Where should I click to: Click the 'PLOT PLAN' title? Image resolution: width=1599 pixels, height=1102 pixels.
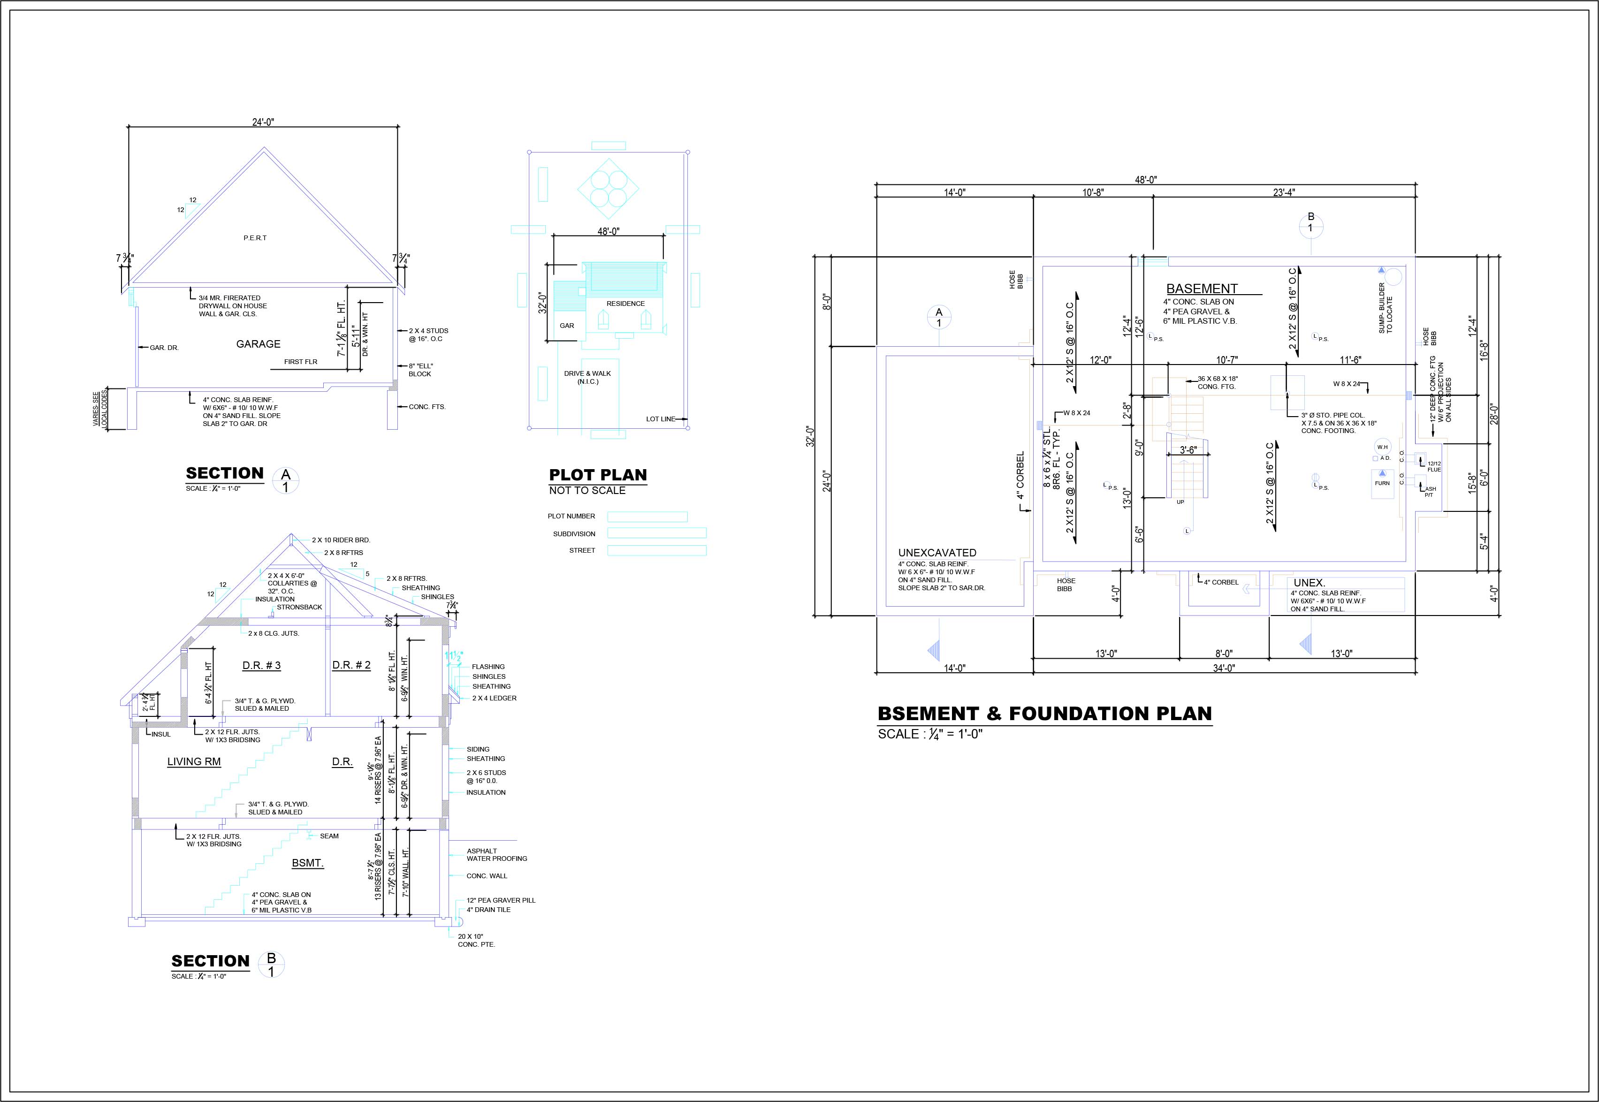point(598,475)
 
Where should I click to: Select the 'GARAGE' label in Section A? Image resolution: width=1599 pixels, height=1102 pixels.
point(258,344)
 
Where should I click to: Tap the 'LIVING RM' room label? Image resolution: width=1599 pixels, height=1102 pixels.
point(194,761)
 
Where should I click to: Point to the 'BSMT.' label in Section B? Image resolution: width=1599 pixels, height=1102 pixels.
point(307,863)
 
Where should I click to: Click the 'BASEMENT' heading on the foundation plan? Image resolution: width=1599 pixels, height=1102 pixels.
point(1202,289)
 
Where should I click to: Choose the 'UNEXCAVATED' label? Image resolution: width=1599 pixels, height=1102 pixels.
point(937,552)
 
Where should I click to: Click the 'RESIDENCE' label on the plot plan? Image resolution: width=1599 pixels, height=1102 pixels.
point(625,304)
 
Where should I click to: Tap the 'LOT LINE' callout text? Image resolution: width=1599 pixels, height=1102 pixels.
point(661,419)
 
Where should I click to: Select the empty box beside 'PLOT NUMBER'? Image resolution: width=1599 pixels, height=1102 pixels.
point(647,517)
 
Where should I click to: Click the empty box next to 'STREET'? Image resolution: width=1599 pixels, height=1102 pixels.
point(656,550)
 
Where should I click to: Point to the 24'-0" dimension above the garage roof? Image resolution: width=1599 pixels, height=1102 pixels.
point(263,122)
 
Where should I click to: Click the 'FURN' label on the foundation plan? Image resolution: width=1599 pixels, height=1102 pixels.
point(1382,483)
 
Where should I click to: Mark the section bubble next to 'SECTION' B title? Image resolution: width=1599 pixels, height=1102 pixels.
point(271,965)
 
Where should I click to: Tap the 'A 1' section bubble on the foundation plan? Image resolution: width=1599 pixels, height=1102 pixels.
point(939,318)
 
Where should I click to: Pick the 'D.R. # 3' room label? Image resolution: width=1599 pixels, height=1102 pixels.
point(262,666)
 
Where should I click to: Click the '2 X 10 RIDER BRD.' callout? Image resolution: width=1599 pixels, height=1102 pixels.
point(341,540)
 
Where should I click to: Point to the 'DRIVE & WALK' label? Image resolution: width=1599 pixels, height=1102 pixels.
point(587,373)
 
